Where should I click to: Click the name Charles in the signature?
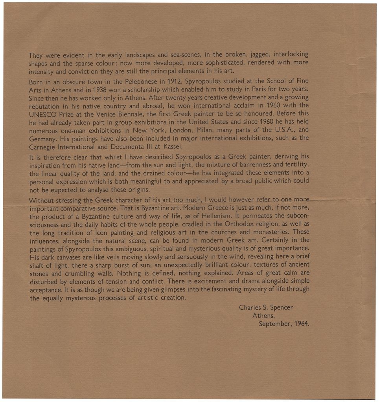(x=250, y=307)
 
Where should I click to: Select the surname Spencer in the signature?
(x=281, y=307)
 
